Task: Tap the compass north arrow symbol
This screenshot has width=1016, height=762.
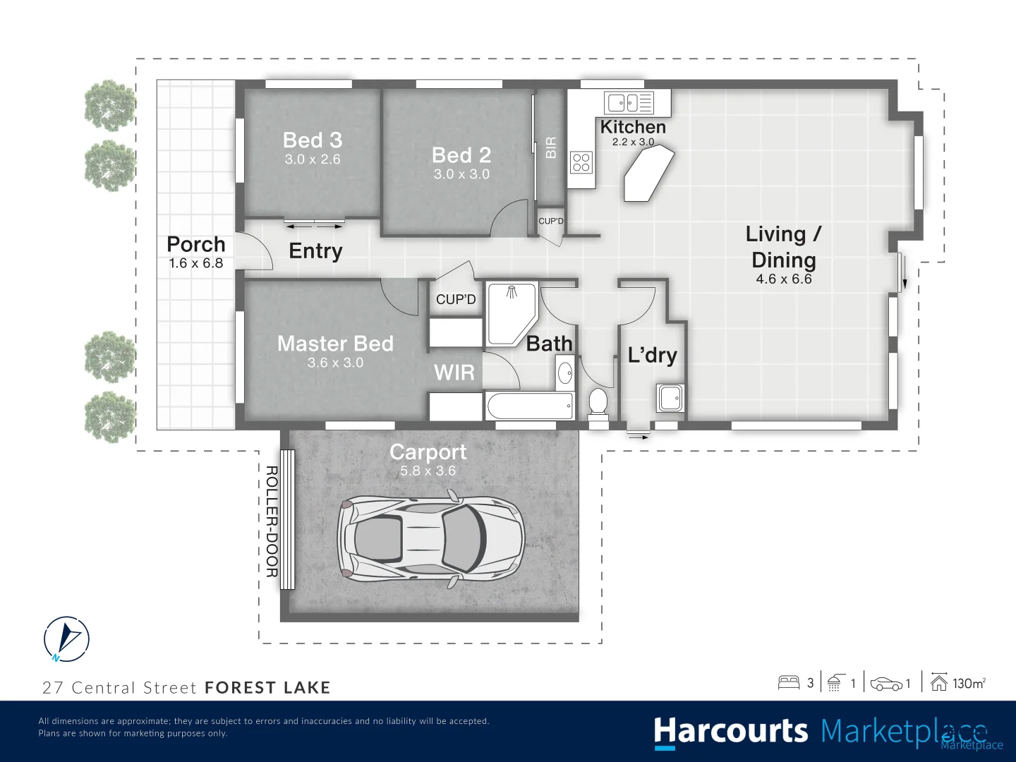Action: [x=66, y=639]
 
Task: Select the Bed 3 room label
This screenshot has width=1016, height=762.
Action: [x=312, y=140]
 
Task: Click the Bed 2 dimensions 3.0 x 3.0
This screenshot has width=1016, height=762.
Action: [x=461, y=174]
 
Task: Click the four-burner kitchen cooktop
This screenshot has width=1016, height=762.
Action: [x=581, y=162]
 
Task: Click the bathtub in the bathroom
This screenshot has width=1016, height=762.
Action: [x=529, y=406]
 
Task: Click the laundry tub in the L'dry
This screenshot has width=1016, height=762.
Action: [x=670, y=398]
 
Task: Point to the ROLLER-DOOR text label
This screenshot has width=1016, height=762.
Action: [x=272, y=521]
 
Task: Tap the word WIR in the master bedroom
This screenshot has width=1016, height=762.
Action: [x=454, y=373]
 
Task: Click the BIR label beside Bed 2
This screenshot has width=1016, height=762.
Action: [x=551, y=147]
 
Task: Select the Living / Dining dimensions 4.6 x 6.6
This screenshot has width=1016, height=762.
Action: [x=783, y=279]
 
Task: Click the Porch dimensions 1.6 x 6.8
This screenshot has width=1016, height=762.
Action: [x=195, y=263]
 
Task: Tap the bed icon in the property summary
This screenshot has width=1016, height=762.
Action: [x=788, y=682]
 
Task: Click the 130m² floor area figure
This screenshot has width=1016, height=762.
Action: [x=968, y=683]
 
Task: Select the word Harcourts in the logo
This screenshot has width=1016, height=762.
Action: [x=730, y=732]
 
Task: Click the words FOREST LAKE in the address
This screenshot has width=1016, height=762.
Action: [x=267, y=688]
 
